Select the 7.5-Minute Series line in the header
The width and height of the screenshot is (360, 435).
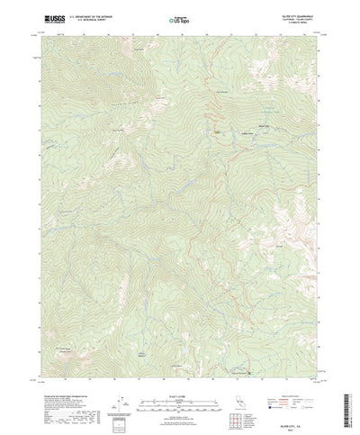tap(291, 22)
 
